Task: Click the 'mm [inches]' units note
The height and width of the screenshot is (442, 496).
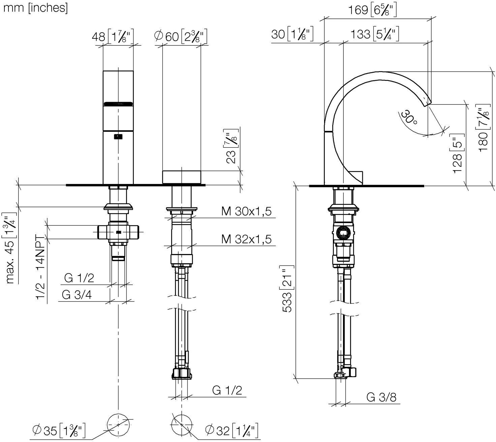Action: pos(35,8)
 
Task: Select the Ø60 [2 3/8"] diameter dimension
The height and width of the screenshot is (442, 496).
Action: pos(181,36)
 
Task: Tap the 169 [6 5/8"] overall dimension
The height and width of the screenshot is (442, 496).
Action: pos(372,10)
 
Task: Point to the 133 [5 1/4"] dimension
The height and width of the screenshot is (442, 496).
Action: pos(375,34)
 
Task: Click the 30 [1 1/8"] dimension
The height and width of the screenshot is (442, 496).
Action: pos(292,34)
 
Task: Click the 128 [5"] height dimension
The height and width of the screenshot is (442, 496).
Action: pos(457,153)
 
